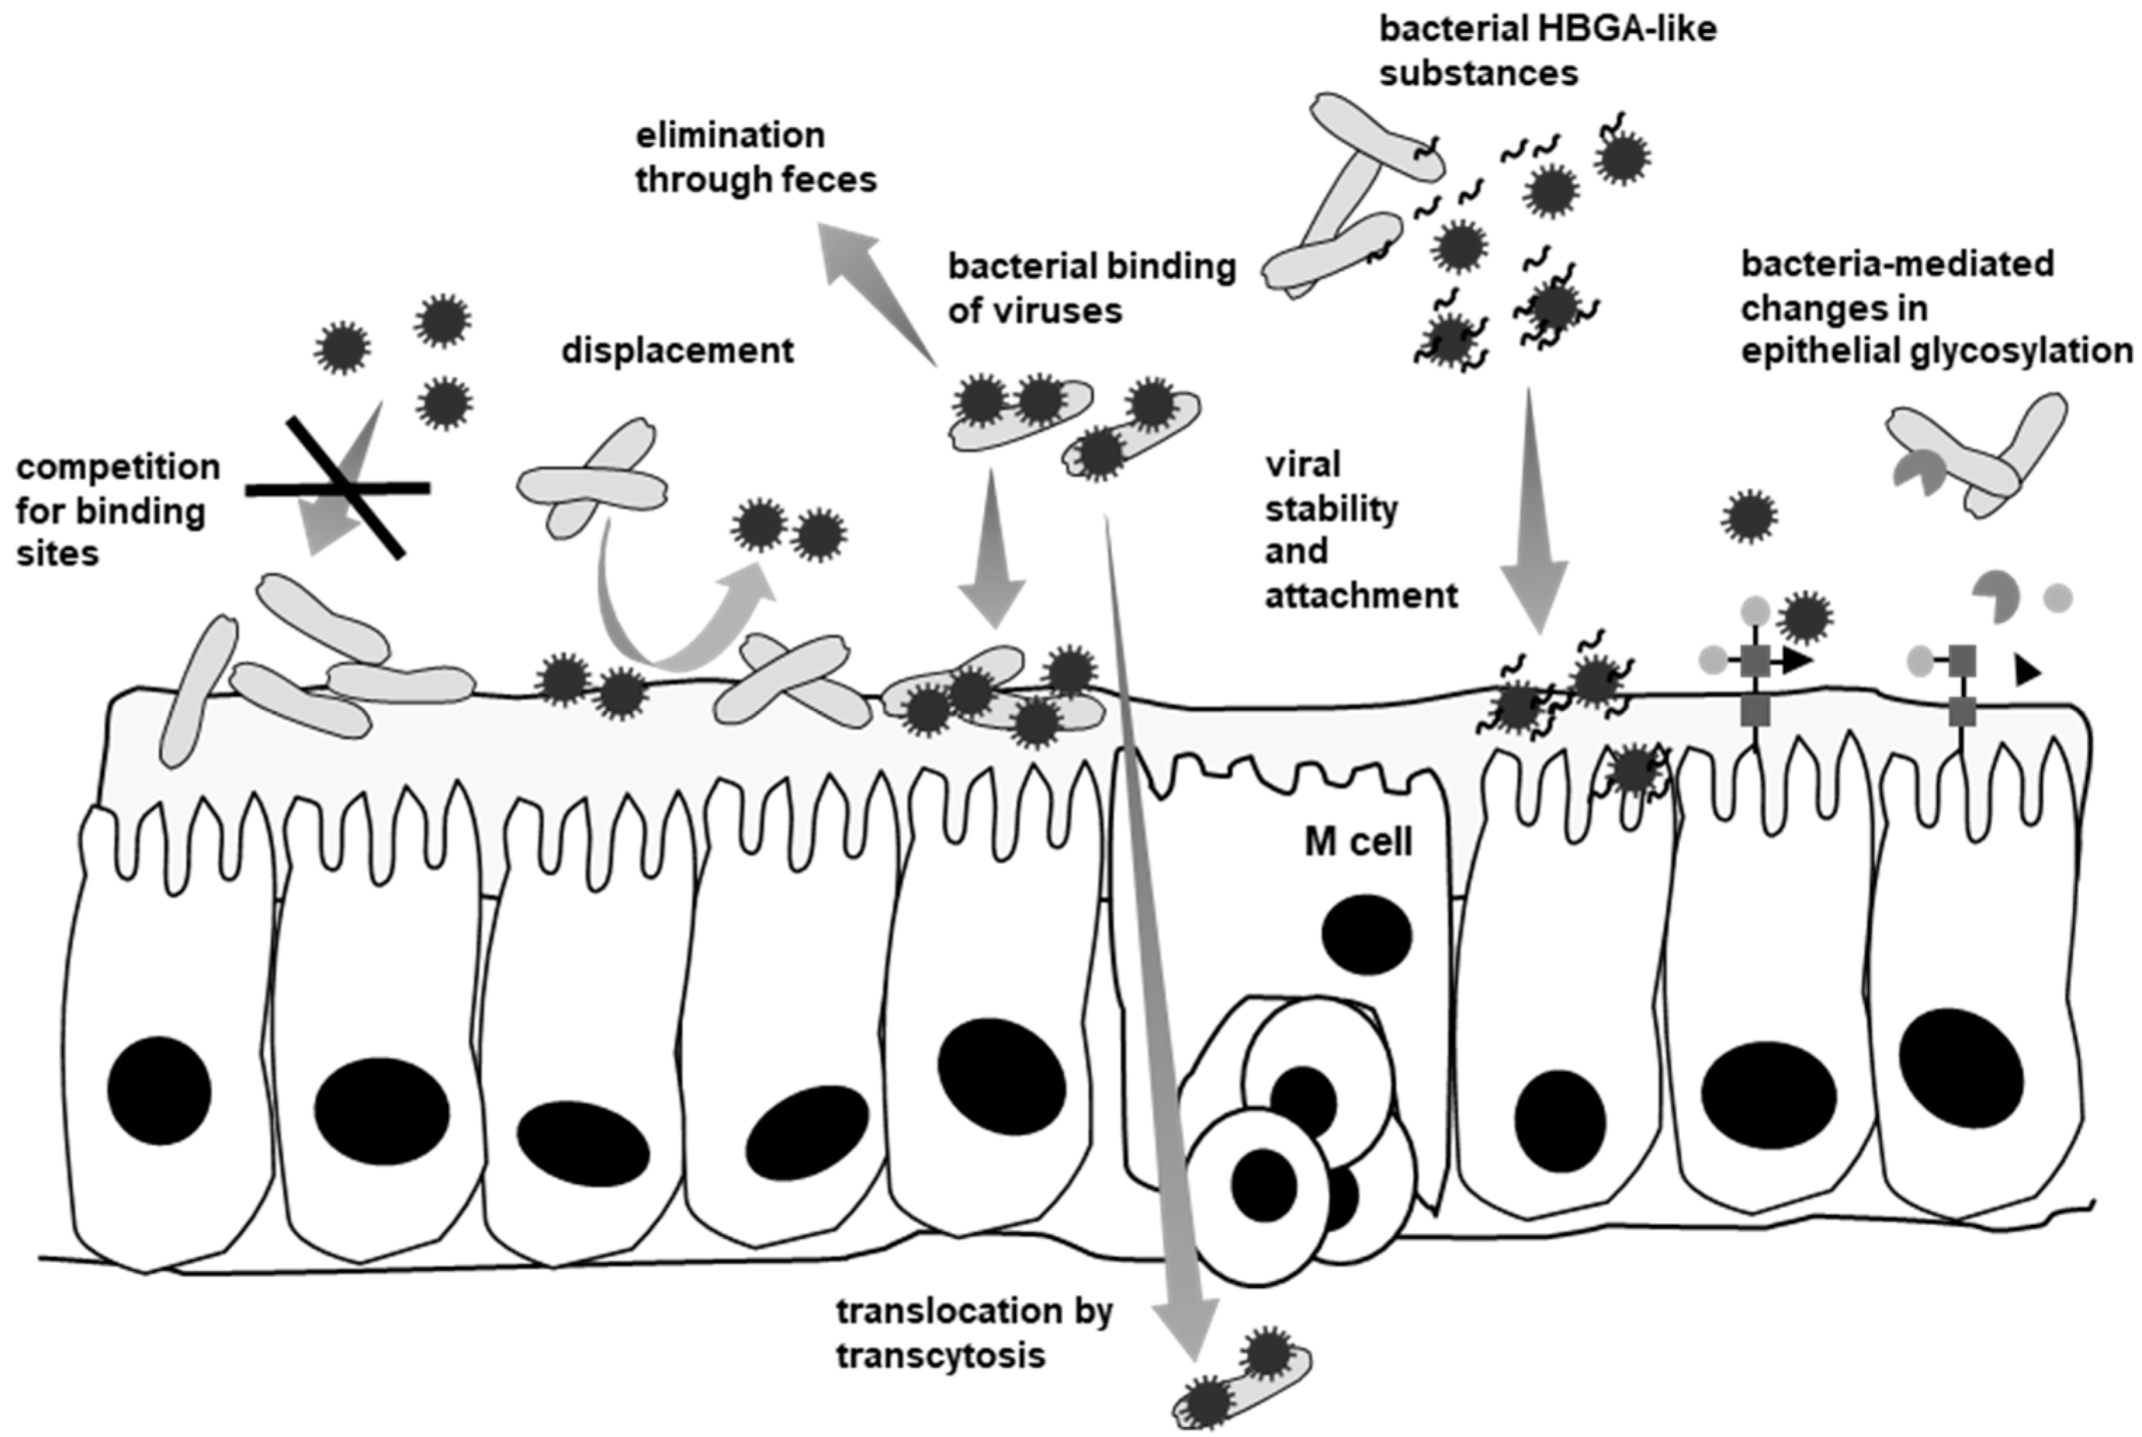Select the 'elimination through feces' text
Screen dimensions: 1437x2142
pyautogui.click(x=755, y=157)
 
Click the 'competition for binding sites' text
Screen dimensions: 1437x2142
pyautogui.click(x=117, y=511)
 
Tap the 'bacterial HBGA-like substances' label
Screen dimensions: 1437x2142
pyautogui.click(x=1547, y=51)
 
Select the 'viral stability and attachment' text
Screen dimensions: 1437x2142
pyautogui.click(x=1360, y=530)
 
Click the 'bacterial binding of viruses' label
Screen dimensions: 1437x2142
pyautogui.click(x=1091, y=288)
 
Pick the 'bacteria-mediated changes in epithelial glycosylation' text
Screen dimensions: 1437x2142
pyautogui.click(x=1935, y=307)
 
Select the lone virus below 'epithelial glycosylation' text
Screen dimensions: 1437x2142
pyautogui.click(x=1749, y=516)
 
